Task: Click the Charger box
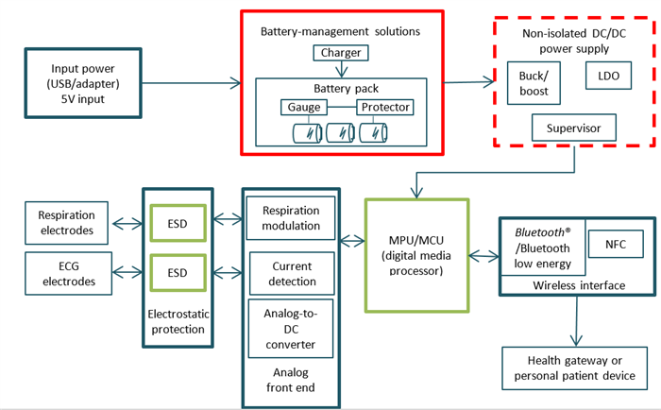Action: click(x=341, y=53)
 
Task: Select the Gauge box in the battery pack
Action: click(x=301, y=107)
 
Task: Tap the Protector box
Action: click(x=384, y=107)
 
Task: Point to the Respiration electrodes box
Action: click(x=66, y=223)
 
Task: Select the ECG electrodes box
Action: click(x=66, y=273)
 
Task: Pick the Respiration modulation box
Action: click(x=291, y=217)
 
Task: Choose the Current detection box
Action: click(x=291, y=273)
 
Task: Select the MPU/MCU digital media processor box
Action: click(x=416, y=254)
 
